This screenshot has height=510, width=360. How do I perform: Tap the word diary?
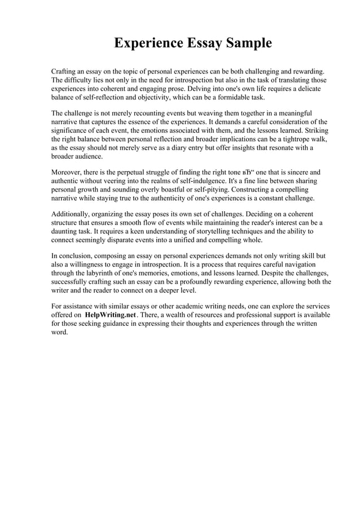[x=170, y=147]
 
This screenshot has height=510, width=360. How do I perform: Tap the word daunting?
[x=64, y=231]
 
